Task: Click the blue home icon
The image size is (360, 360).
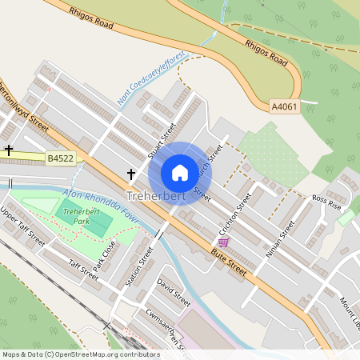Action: (180, 172)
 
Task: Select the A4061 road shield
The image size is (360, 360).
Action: (284, 106)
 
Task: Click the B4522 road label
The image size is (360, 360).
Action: (60, 159)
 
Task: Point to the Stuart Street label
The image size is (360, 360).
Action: (162, 140)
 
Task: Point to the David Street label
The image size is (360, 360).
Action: (174, 293)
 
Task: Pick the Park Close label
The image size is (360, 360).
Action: (104, 254)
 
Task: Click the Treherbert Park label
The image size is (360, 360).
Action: (75, 217)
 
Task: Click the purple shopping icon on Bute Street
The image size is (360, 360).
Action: (223, 242)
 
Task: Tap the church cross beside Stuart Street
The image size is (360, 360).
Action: (130, 174)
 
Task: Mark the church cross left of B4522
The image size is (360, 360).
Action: (10, 150)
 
